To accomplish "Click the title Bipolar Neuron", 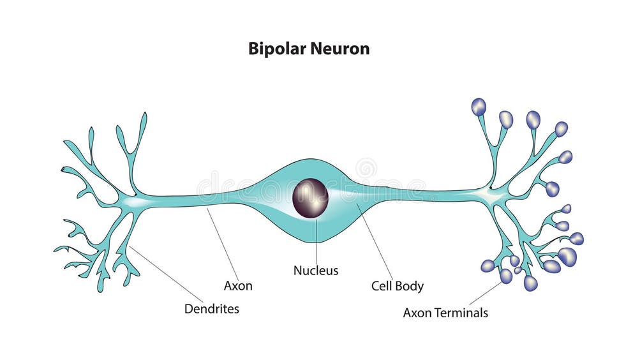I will [309, 49].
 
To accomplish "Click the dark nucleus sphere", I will [310, 198].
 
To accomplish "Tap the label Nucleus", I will [316, 271].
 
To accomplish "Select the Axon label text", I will [238, 286].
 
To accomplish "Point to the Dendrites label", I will [212, 309].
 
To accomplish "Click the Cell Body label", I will [398, 286].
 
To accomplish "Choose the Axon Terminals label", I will [445, 313].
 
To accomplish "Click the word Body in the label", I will [412, 286].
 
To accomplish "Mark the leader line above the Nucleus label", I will [316, 239].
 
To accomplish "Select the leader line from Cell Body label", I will [376, 243].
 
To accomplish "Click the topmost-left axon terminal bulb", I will [479, 107].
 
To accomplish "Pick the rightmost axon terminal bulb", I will [577, 238].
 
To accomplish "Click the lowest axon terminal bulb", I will [530, 283].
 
